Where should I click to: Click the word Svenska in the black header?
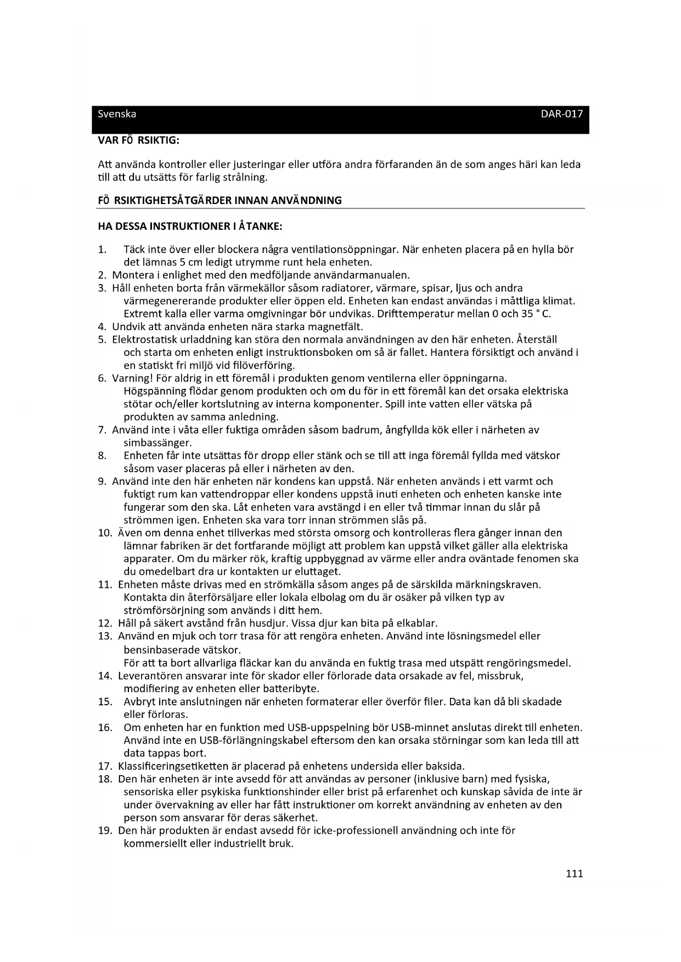pyautogui.click(x=116, y=114)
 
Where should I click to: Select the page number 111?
pyautogui.click(x=574, y=873)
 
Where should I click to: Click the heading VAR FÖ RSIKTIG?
pyautogui.click(x=138, y=140)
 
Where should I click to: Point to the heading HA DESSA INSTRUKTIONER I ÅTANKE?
pyautogui.click(x=190, y=226)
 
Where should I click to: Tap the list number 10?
pyautogui.click(x=104, y=533)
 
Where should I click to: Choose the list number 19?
pyautogui.click(x=104, y=830)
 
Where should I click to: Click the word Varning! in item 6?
pyautogui.click(x=132, y=378)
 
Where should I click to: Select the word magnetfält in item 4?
pyautogui.click(x=338, y=327)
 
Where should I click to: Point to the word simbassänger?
pyautogui.click(x=157, y=443)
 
